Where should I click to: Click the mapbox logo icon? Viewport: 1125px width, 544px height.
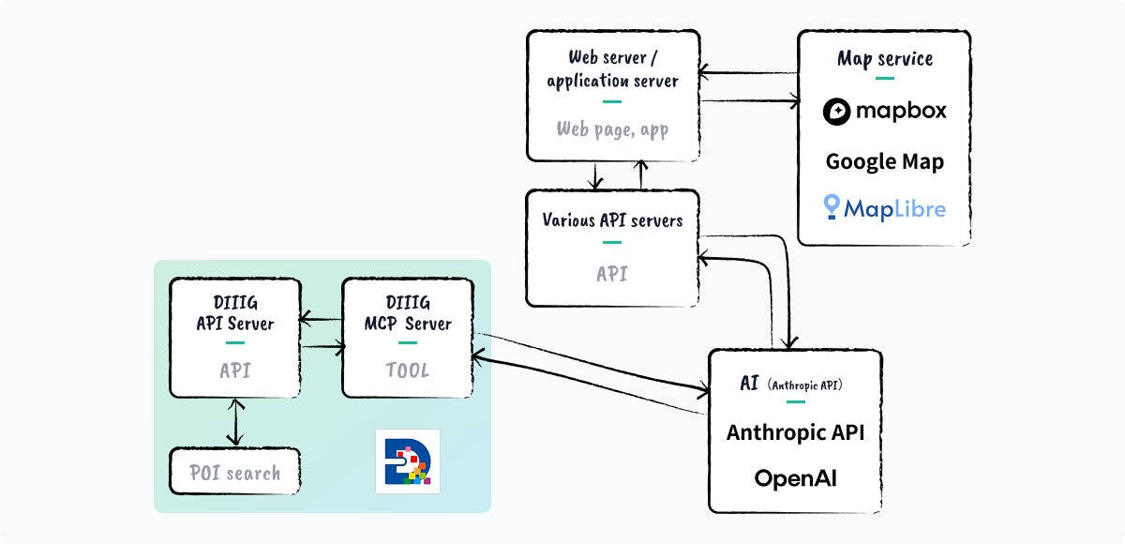837,112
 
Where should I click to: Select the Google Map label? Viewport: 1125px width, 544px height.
884,161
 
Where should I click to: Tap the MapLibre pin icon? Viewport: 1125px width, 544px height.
831,207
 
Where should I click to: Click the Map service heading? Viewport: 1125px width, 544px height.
884,59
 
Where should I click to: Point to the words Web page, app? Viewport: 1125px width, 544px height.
612,129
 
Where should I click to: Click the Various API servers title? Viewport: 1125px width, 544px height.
612,220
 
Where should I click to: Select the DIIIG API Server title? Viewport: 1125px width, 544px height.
234,313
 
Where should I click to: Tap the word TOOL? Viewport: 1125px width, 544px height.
407,370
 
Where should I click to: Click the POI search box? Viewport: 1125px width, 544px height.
235,472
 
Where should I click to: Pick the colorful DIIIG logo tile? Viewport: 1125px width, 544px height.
408,461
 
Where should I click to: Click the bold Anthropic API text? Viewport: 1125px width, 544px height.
795,432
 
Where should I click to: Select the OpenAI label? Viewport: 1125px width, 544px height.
795,478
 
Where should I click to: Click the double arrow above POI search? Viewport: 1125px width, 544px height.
234,422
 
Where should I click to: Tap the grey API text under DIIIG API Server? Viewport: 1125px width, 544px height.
234,370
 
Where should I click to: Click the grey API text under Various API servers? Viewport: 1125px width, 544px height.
612,274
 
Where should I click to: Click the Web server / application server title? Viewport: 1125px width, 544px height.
612,69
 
